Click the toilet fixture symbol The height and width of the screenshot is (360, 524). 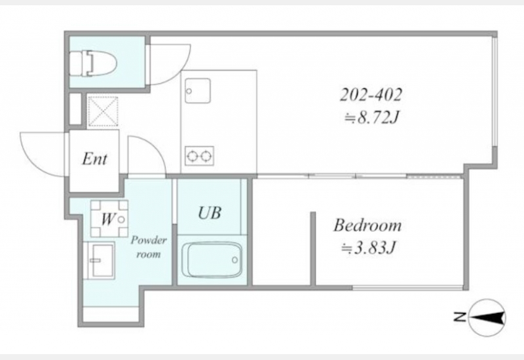coord(93,63)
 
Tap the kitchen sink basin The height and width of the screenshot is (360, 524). coord(198,91)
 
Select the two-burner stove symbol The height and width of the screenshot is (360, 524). coord(200,156)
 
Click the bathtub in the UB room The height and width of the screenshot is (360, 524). coord(212,259)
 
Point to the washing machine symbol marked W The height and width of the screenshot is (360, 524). coord(109,219)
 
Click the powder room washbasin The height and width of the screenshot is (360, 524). coord(100,261)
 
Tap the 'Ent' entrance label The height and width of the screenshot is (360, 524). coord(95,158)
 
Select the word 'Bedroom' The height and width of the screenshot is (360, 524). coord(367,225)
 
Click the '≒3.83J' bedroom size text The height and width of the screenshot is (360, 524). coord(368,248)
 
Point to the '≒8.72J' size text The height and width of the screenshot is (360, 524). coord(372,118)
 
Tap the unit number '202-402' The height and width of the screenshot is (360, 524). coord(371,95)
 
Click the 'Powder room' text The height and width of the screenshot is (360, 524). coord(149,247)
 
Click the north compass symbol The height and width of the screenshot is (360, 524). coord(487,317)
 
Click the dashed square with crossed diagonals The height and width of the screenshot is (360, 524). coord(103,111)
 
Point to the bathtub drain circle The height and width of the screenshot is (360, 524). coord(235,260)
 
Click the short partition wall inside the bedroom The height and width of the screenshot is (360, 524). coord(313,249)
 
